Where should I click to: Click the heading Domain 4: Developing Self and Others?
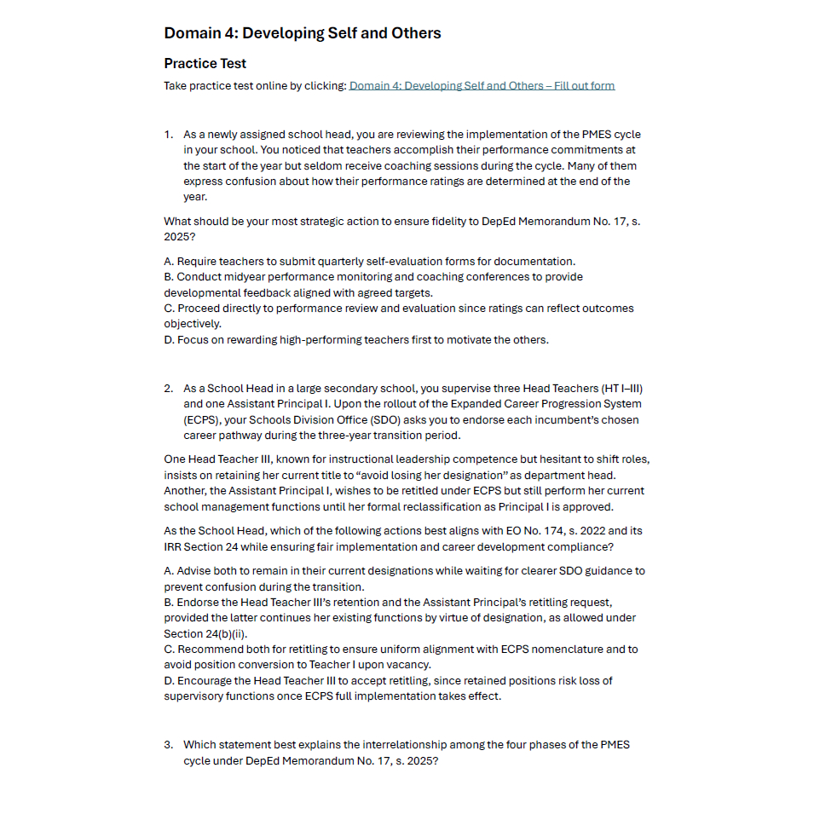coord(302,33)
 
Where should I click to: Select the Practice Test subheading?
coord(205,63)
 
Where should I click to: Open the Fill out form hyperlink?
coord(482,85)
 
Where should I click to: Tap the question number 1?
coord(168,135)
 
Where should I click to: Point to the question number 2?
coord(168,389)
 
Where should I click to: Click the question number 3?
coord(168,744)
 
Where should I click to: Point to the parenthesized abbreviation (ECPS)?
coord(200,419)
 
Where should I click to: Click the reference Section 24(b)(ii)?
coord(205,633)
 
